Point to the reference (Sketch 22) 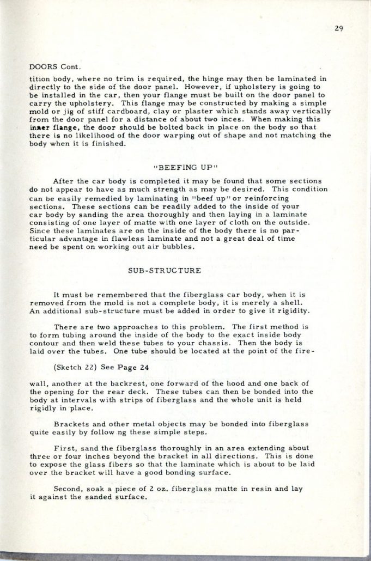click(76, 367)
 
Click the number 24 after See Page click(144, 367)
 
